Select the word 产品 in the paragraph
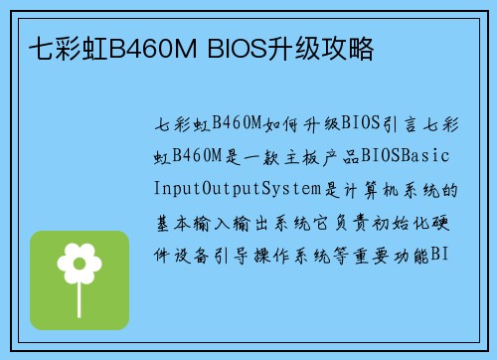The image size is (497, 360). (343, 157)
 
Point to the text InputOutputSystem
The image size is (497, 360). (241, 189)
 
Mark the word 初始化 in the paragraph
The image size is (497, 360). (408, 222)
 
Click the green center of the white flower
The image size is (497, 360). (80, 264)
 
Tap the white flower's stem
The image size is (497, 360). (80, 291)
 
